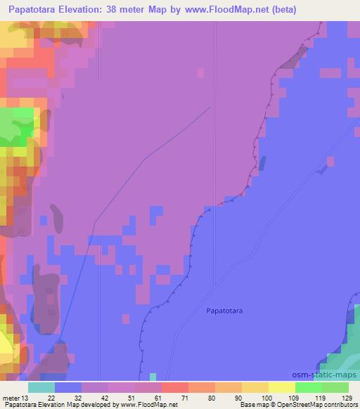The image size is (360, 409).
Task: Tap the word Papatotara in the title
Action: (x=34, y=10)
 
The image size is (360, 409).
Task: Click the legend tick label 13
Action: (x=27, y=397)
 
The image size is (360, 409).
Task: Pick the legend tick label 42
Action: (x=94, y=397)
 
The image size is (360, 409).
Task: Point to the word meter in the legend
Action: (x=11, y=397)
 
